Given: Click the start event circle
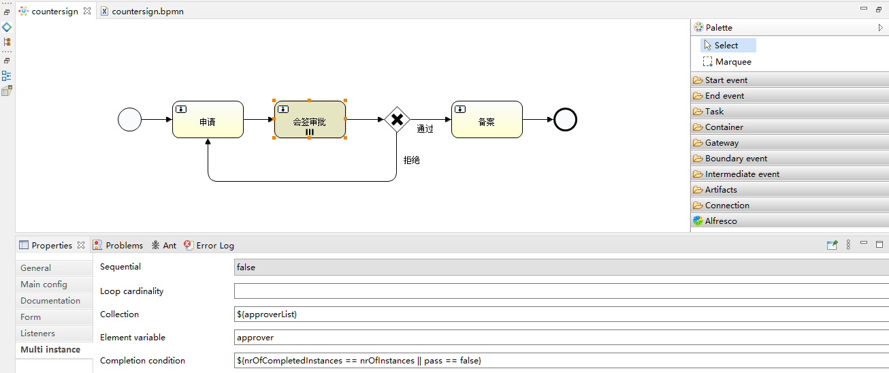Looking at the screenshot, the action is coord(129,119).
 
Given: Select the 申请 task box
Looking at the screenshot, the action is coord(208,119).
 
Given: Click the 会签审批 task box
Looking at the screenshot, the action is coord(310,119).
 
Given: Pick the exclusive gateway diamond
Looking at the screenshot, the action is coord(397,119).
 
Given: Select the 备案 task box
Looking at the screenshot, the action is coord(487,119).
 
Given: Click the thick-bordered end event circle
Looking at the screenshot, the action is coord(565,119).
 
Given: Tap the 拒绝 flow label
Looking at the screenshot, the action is coord(412,161).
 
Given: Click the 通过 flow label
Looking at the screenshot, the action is coord(425,129).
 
